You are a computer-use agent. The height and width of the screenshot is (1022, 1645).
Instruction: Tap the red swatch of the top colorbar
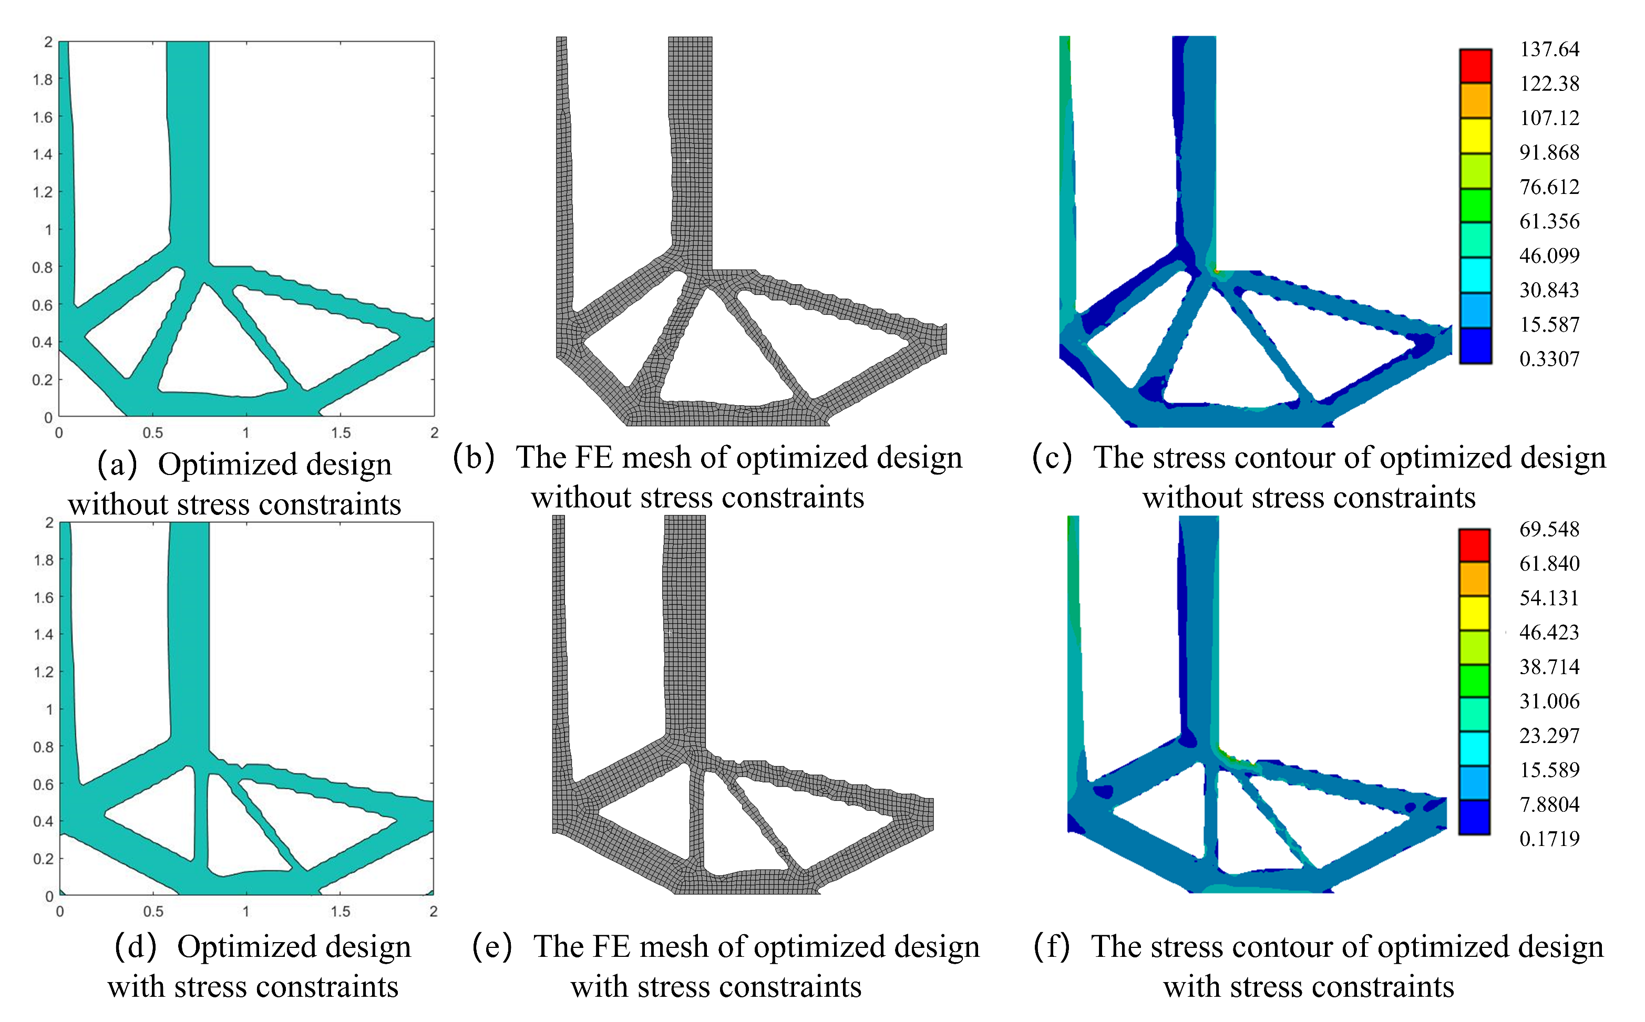(x=1475, y=66)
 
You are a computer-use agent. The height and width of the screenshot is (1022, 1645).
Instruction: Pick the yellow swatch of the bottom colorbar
(x=1474, y=613)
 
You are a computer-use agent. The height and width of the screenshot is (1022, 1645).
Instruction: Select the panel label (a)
(x=118, y=465)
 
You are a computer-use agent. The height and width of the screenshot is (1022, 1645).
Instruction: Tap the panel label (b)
(x=474, y=458)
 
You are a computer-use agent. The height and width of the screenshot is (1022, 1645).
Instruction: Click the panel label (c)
(x=1052, y=458)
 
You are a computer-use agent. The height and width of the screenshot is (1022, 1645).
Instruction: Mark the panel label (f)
(x=1052, y=947)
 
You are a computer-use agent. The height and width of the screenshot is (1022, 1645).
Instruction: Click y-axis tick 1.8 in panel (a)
(x=43, y=80)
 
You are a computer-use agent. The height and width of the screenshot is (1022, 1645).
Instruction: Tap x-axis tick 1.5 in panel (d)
(x=340, y=912)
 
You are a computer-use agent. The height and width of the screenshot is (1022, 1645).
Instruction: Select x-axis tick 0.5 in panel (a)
(x=153, y=432)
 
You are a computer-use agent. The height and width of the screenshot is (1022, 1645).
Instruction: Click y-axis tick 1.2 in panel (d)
(x=43, y=672)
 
